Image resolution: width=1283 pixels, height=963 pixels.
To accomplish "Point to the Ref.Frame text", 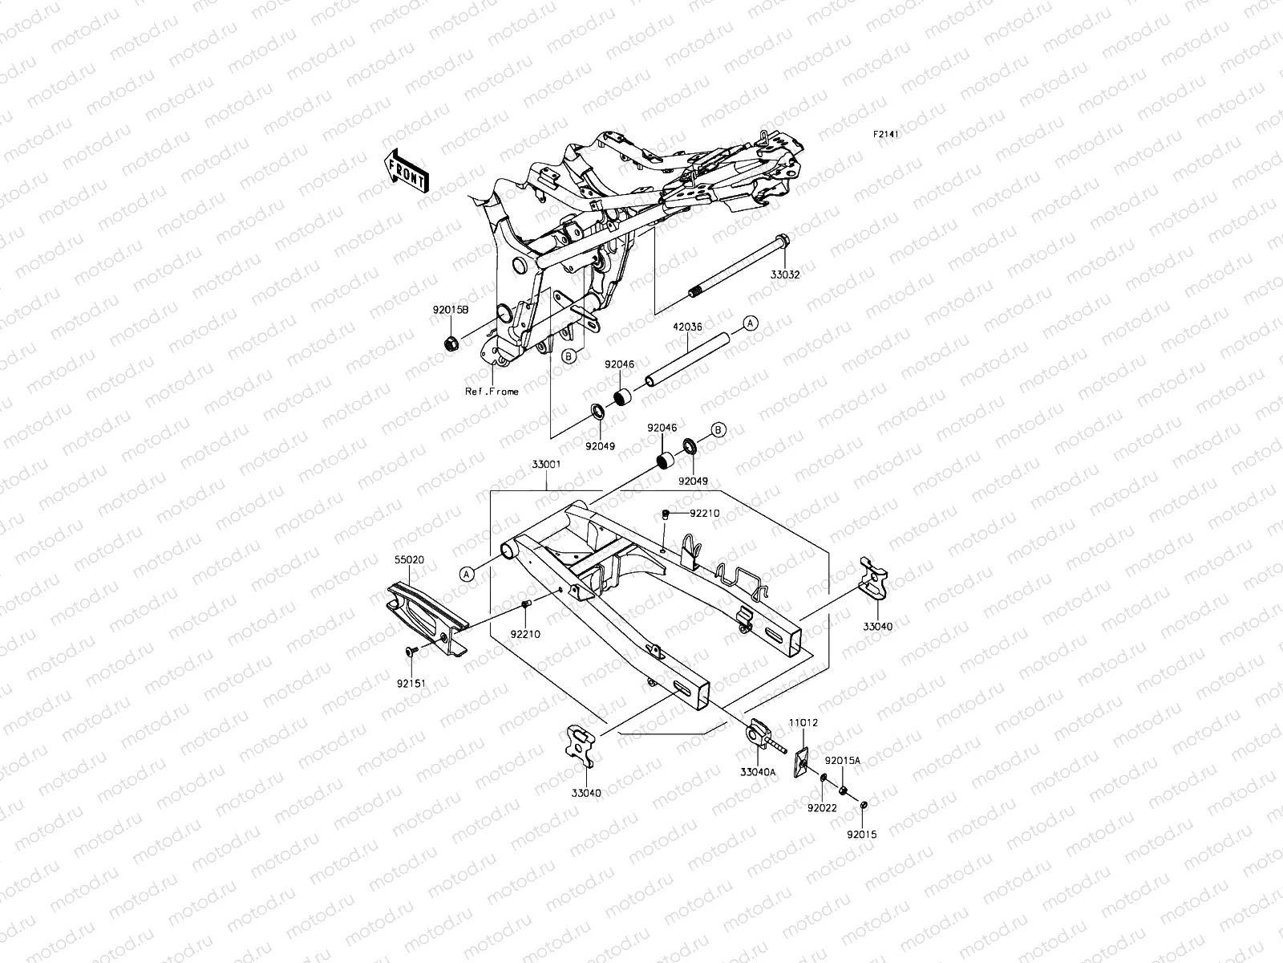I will tap(492, 392).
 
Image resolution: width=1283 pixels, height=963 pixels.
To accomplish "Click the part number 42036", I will tap(687, 327).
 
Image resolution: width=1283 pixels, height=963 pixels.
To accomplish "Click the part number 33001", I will tap(545, 464).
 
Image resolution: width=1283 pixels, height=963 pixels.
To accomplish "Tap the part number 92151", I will tap(410, 684).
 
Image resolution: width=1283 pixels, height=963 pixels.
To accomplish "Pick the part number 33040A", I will tap(758, 772).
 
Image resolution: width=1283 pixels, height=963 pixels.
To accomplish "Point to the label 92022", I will tap(822, 808).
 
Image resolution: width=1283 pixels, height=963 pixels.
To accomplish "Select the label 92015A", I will tap(844, 760).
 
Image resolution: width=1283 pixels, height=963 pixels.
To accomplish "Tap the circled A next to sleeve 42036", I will tap(750, 323).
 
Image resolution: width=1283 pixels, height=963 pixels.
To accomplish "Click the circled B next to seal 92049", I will tap(718, 430).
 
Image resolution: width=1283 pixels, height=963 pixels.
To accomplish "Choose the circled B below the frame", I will tap(569, 357).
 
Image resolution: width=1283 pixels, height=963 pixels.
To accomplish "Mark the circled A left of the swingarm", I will tap(466, 572).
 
